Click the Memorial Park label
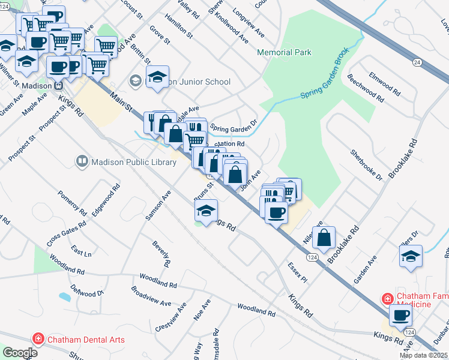[x=284, y=52]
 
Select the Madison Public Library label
[x=131, y=161]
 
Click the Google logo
[x=19, y=353]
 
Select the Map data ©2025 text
[x=424, y=355]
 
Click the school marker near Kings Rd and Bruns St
[x=206, y=211]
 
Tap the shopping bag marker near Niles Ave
[x=324, y=236]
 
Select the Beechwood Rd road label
[x=365, y=88]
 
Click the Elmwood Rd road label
[x=385, y=85]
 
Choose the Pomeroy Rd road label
[x=72, y=202]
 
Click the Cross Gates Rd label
[x=66, y=233]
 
